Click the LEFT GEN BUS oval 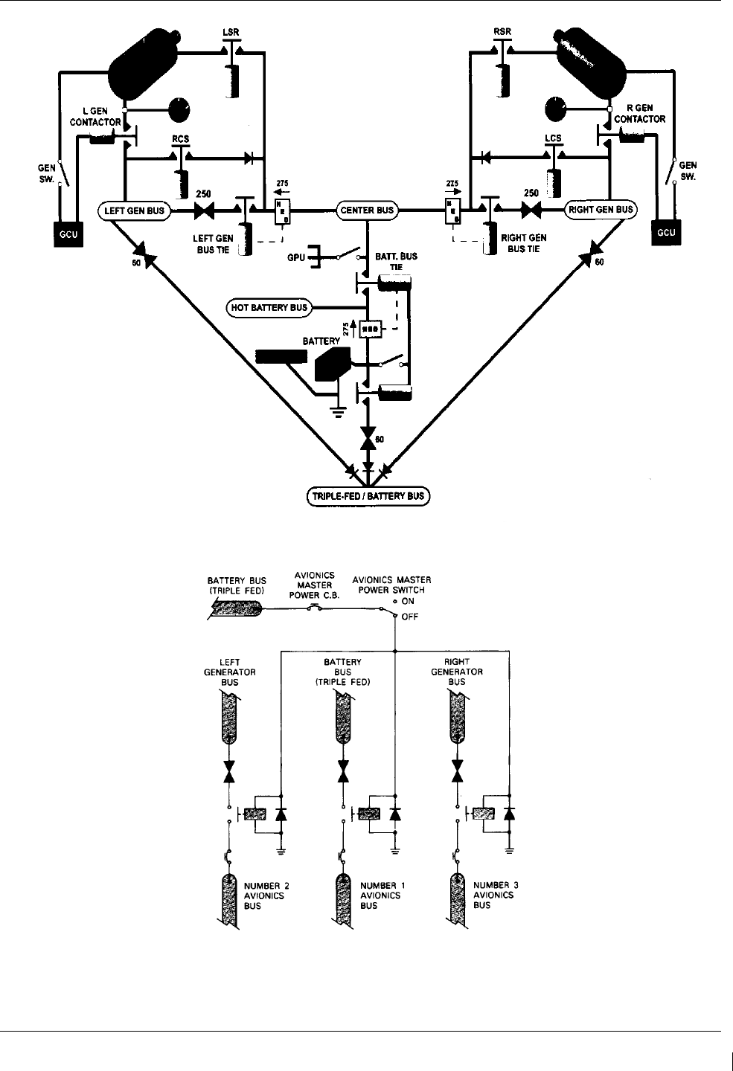click(x=134, y=210)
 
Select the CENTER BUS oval click(x=367, y=210)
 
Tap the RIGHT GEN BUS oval click(x=601, y=210)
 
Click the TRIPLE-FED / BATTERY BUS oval click(x=368, y=496)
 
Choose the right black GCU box click(x=666, y=232)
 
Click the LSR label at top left click(x=231, y=33)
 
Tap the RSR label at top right click(x=502, y=32)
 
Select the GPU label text click(x=296, y=258)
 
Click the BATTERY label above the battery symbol click(x=321, y=341)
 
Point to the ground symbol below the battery click(x=339, y=411)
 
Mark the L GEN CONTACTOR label click(x=95, y=117)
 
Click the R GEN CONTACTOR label click(x=639, y=113)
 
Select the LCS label click(x=553, y=138)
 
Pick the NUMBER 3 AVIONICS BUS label click(x=496, y=895)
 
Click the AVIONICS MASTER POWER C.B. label click(x=314, y=585)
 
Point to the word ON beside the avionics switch click(x=408, y=601)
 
